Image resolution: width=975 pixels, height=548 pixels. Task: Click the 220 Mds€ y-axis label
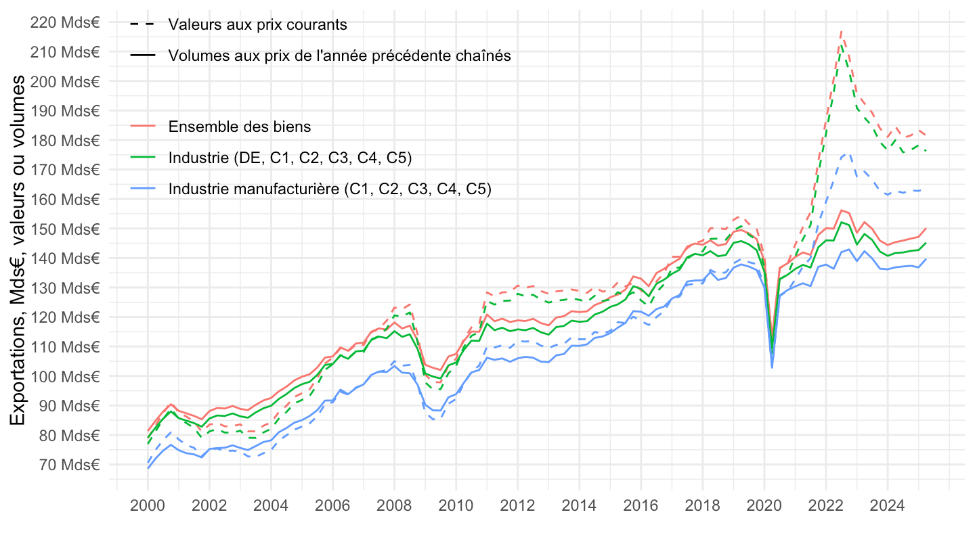tap(65, 22)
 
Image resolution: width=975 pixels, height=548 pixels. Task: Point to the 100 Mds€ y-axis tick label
tap(65, 376)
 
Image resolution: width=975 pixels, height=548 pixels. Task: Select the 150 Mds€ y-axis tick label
tap(65, 229)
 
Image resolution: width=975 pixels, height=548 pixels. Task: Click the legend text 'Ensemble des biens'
tap(240, 127)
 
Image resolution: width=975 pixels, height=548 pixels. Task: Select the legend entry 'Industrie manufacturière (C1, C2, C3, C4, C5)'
tap(329, 189)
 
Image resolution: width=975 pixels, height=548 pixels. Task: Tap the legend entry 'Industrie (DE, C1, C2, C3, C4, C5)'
tap(290, 158)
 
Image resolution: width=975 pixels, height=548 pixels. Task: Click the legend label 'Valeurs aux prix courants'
tap(257, 25)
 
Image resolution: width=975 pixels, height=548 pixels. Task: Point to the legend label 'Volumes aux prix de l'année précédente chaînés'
tap(339, 56)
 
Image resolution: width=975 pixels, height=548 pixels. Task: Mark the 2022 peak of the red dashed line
tap(841, 31)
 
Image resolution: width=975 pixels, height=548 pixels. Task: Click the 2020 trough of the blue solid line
tap(772, 367)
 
